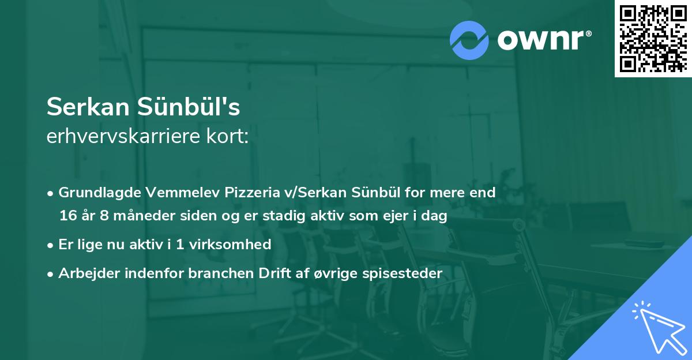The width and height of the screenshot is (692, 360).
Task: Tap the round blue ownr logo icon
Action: [x=469, y=40]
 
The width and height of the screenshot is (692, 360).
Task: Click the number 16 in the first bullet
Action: [x=67, y=216]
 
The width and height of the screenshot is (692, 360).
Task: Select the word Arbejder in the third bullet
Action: [x=85, y=273]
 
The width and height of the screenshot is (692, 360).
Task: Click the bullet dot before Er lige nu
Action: [x=51, y=245]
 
